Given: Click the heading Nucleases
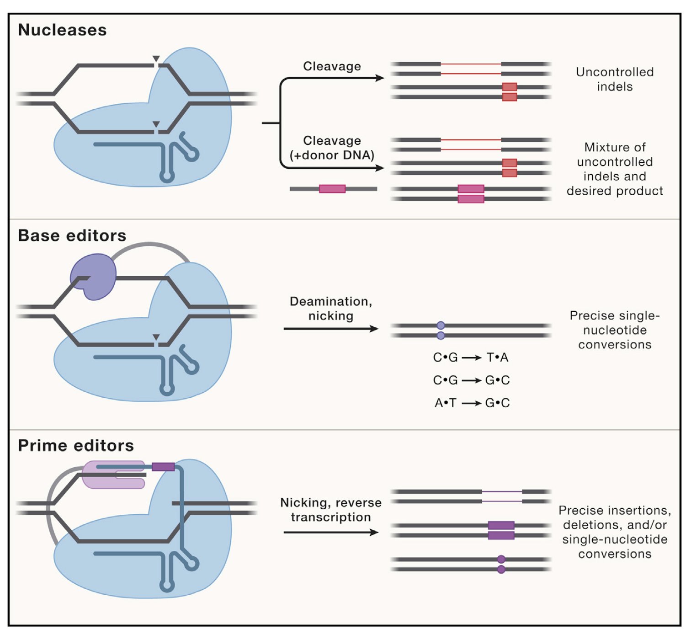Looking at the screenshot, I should (62, 30).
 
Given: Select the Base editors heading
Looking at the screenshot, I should (72, 235).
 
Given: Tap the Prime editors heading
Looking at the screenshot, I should (76, 445).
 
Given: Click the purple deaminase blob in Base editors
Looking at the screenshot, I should (94, 277).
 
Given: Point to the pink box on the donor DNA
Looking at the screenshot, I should (332, 189).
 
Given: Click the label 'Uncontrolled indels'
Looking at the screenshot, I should (615, 79).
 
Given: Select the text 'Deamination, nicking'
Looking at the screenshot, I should (331, 309).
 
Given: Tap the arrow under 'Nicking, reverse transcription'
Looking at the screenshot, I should (331, 532).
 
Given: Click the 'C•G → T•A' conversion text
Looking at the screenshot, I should (471, 357).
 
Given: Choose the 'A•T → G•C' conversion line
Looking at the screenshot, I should (472, 403).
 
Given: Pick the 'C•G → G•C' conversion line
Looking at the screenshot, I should (471, 380).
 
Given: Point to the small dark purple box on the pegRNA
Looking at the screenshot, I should (163, 467).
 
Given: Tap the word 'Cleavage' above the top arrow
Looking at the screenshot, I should (332, 66).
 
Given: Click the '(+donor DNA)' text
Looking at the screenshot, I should (332, 155).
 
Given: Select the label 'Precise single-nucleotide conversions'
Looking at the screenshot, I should (615, 330).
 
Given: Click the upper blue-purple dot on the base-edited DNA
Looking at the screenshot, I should (441, 325).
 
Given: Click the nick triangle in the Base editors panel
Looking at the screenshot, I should (156, 338).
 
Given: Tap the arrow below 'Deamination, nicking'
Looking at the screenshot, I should (331, 329).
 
